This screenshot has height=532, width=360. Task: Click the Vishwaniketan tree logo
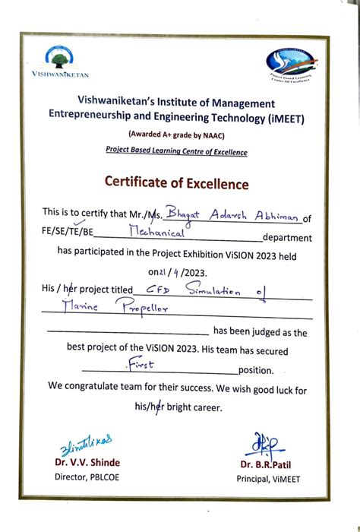(x=60, y=58)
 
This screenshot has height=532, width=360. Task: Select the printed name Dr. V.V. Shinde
(x=86, y=463)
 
